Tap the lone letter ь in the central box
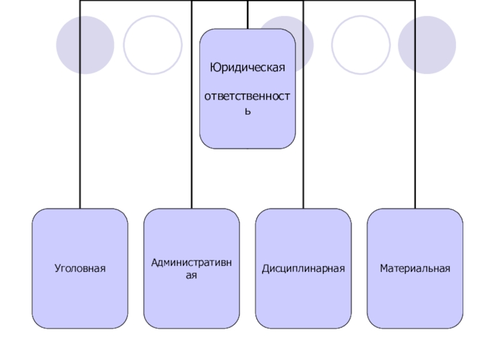(x=247, y=111)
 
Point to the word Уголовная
(x=80, y=268)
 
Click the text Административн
(x=191, y=262)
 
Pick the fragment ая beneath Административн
(x=191, y=275)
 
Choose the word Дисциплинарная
(x=303, y=268)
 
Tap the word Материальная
(x=415, y=268)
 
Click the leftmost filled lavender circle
(x=85, y=45)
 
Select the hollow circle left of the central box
(x=152, y=45)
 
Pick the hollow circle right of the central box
(x=361, y=45)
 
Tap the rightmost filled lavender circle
(x=427, y=45)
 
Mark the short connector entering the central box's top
(x=247, y=15)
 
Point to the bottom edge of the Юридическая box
(x=247, y=148)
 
